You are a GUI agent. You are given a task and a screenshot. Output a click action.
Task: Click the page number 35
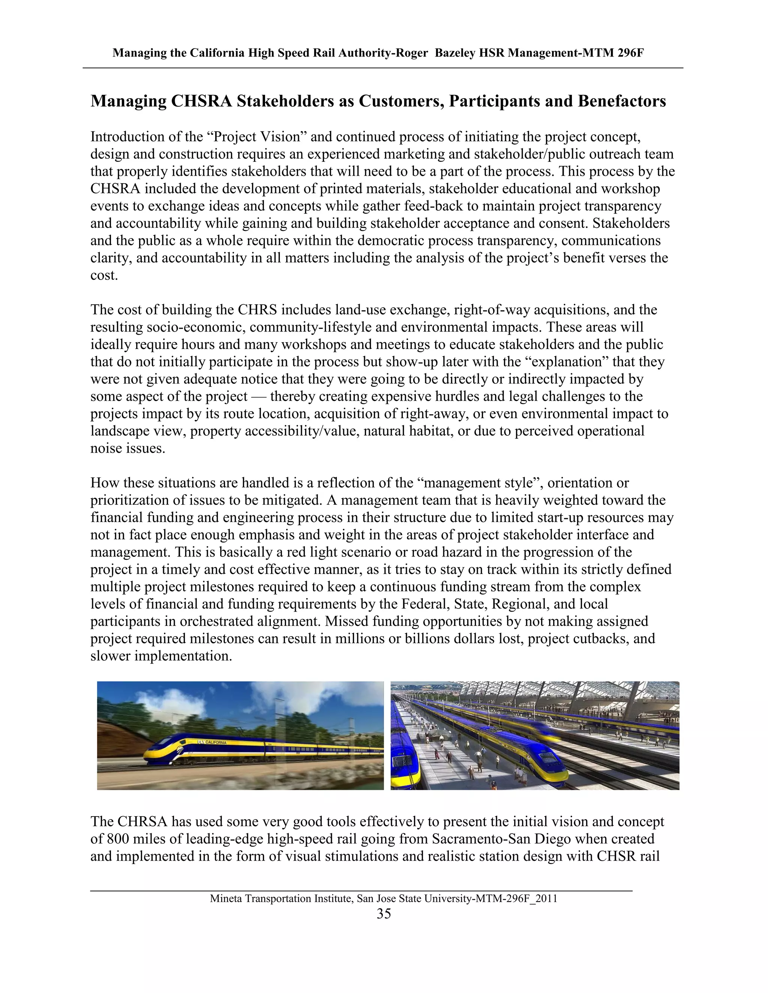[384, 914]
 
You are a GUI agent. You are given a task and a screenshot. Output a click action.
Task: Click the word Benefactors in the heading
[622, 101]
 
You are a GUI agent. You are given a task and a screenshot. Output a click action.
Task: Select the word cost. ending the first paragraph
[104, 275]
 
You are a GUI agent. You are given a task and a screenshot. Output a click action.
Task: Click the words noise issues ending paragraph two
[127, 449]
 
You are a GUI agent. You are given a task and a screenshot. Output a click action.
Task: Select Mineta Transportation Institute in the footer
[281, 899]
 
